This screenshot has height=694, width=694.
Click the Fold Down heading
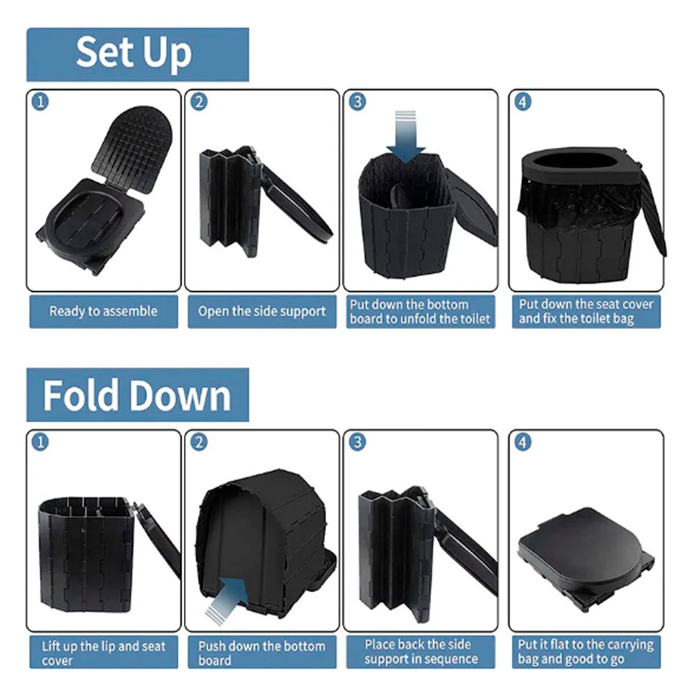tap(137, 395)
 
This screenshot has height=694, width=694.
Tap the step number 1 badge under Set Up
tap(40, 102)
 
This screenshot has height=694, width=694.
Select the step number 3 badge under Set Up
tap(357, 102)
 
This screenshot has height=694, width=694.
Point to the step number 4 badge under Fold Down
tap(523, 442)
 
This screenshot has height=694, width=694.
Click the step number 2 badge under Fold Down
tap(199, 442)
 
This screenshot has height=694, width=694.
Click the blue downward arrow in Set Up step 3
tap(406, 137)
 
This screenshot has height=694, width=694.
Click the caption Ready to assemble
tap(104, 311)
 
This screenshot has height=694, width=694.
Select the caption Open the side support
tap(262, 311)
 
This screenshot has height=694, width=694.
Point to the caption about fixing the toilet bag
tap(586, 312)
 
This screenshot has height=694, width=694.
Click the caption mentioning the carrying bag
tap(586, 652)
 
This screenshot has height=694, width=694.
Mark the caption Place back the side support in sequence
tap(420, 652)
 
